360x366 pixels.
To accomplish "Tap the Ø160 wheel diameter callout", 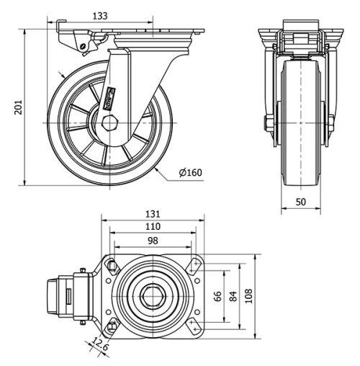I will pyautogui.click(x=191, y=173).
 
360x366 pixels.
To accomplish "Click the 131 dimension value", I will pyautogui.click(x=153, y=214).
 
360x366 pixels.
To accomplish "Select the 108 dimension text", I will pyautogui.click(x=250, y=296).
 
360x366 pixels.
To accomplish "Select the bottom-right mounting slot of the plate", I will pyautogui.click(x=193, y=326).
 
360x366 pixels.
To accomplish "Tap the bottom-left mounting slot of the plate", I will pyautogui.click(x=112, y=326).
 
